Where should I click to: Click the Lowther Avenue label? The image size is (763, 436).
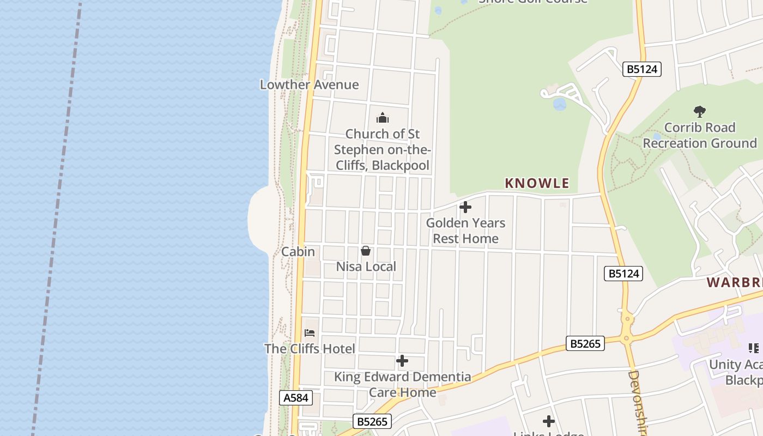[309, 84]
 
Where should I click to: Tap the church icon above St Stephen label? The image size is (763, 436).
[383, 118]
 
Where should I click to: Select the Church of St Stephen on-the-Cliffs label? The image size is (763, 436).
[383, 149]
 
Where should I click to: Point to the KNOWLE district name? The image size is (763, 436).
[537, 183]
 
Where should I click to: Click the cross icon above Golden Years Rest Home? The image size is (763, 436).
[465, 207]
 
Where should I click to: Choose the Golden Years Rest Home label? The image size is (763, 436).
[465, 231]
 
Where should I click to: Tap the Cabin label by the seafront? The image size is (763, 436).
[298, 252]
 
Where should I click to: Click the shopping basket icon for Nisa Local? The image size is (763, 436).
[366, 251]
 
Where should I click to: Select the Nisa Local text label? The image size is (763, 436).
[366, 267]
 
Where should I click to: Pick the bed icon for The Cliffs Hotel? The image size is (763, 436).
[310, 332]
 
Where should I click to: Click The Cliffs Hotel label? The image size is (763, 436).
[310, 349]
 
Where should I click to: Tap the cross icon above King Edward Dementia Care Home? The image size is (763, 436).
[402, 361]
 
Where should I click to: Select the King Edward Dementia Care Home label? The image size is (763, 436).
[402, 384]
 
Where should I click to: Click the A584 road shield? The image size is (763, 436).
[296, 398]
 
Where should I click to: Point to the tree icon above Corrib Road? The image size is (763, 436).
[700, 112]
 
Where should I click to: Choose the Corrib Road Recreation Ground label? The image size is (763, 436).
[700, 135]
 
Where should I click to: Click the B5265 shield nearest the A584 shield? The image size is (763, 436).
[373, 421]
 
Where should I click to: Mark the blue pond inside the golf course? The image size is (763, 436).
[559, 104]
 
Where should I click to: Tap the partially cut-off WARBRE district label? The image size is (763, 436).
[735, 282]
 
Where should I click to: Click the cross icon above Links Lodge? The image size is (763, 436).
[549, 421]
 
